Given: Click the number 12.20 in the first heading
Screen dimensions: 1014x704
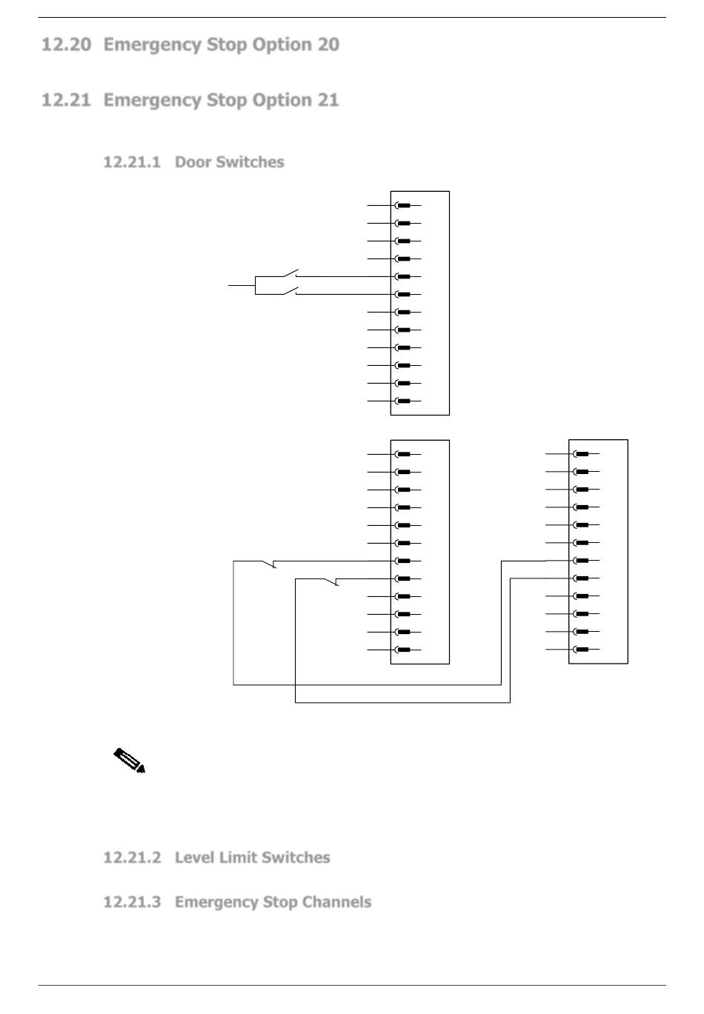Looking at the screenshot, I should tap(67, 45).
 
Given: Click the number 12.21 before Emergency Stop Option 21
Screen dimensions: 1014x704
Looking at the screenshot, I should tap(67, 101).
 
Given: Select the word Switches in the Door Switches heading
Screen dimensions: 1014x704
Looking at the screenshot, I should tap(250, 162).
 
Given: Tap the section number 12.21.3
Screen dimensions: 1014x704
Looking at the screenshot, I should tap(132, 902).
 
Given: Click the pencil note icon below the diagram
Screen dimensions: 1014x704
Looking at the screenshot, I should tap(129, 761).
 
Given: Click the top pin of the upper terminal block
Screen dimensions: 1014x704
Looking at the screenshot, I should tap(403, 205).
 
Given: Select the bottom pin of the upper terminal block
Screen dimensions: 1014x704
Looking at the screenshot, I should tap(403, 401).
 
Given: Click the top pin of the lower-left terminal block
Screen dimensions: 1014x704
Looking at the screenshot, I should tap(403, 454).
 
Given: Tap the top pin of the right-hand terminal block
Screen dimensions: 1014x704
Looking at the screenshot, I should tap(582, 454).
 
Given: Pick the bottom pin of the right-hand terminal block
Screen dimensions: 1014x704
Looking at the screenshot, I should tap(582, 650).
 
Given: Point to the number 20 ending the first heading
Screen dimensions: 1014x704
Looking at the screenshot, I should tap(328, 45).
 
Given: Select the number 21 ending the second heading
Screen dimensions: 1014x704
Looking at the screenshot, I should tap(328, 101).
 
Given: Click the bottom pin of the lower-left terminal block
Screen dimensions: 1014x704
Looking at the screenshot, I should tap(403, 650).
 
